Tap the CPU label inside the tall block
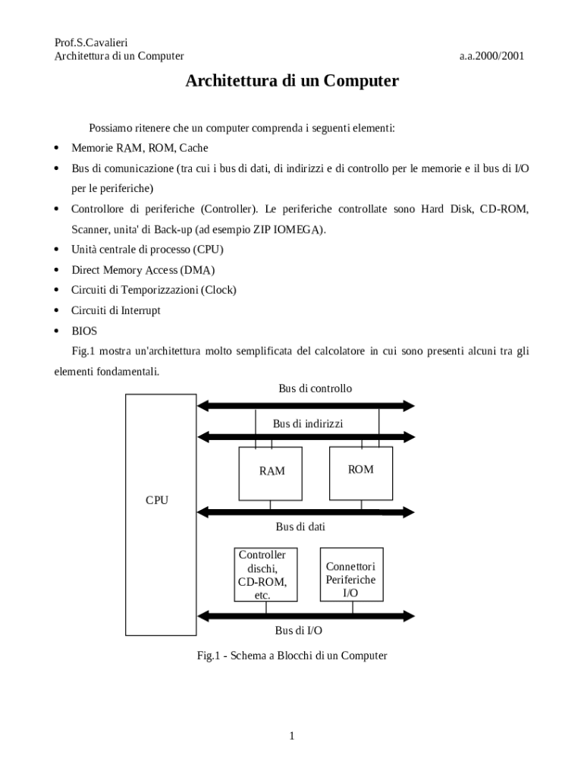pyautogui.click(x=157, y=500)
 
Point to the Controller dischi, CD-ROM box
pyautogui.click(x=262, y=574)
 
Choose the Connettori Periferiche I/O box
pyautogui.click(x=351, y=574)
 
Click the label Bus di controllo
pyautogui.click(x=315, y=388)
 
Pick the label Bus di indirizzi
pyautogui.click(x=308, y=423)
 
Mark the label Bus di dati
pyautogui.click(x=300, y=526)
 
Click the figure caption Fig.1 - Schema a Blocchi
pyautogui.click(x=292, y=656)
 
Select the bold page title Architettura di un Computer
pyautogui.click(x=292, y=81)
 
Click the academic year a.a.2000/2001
pyautogui.click(x=491, y=56)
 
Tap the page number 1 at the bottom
pyautogui.click(x=292, y=735)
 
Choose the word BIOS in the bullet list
pyautogui.click(x=84, y=331)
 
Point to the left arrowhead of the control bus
pyautogui.click(x=203, y=405)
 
